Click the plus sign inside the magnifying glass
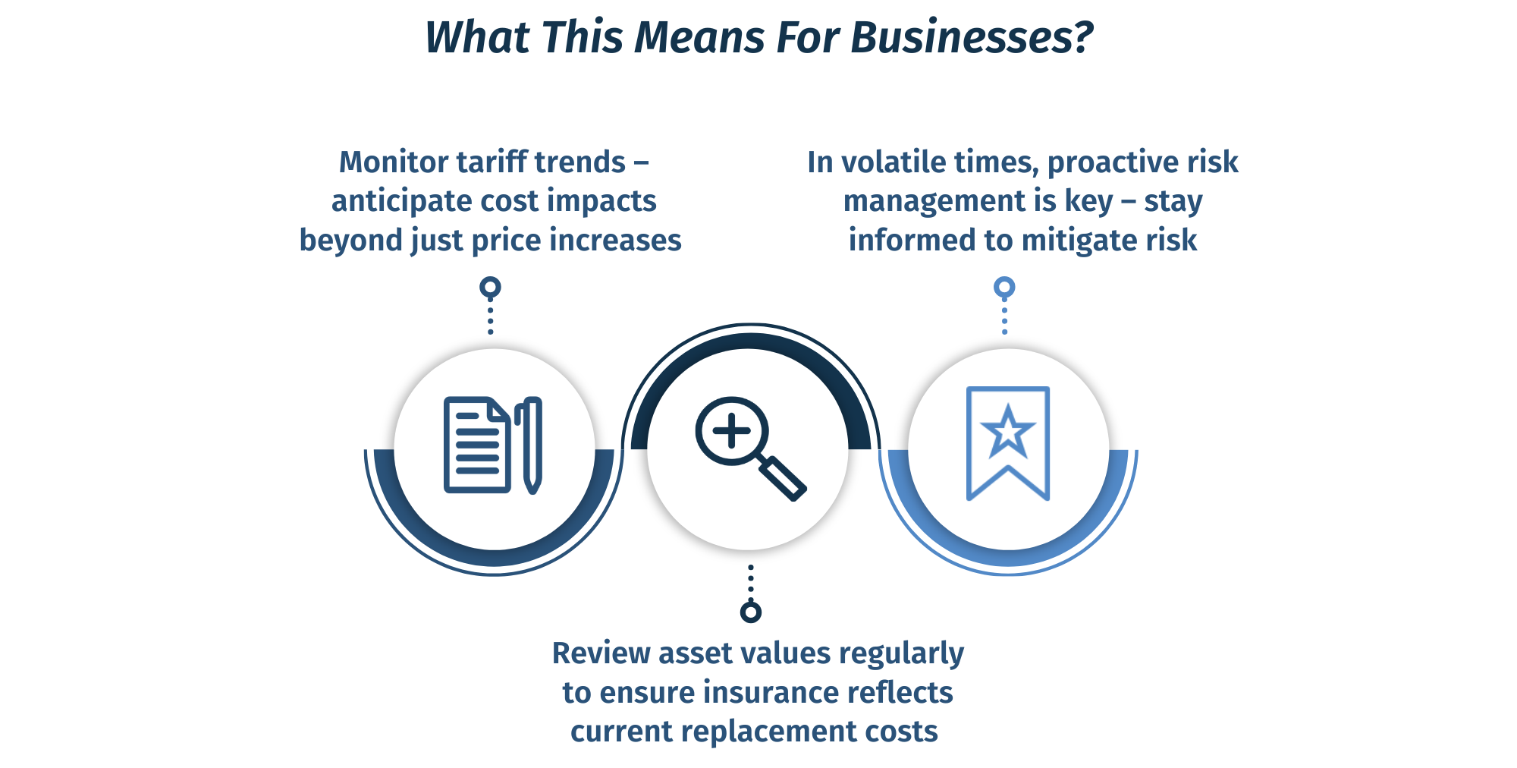pyautogui.click(x=731, y=432)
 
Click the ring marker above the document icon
pyautogui.click(x=491, y=288)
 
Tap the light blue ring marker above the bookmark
pyautogui.click(x=1004, y=288)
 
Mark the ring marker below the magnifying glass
pyautogui.click(x=751, y=612)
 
